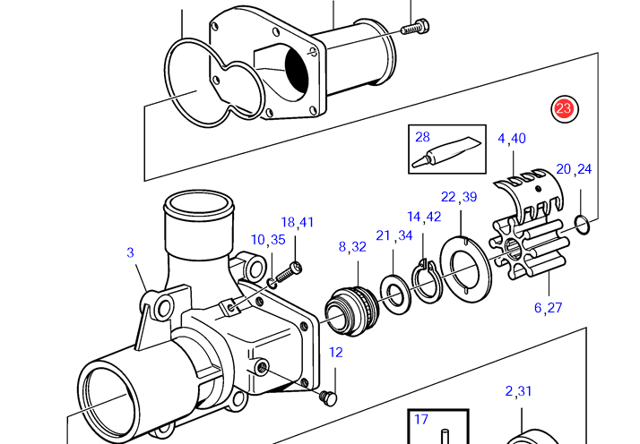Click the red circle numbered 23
565,108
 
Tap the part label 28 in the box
422,137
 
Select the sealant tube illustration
445,152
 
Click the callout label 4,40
512,139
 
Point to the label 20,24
574,169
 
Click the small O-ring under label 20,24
582,226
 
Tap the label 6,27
548,307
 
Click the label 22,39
459,197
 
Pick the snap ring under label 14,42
426,282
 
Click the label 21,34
394,235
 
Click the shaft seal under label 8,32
352,312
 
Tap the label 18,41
298,222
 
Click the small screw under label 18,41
290,273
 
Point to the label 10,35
268,240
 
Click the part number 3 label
130,252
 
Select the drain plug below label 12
328,398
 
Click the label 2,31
518,391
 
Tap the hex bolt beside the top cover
415,27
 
